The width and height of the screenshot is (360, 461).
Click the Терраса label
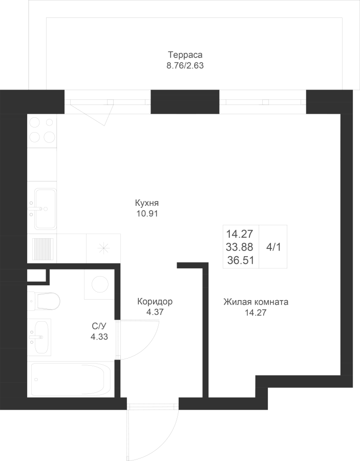(185, 55)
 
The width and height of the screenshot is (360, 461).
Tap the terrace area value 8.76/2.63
(185, 66)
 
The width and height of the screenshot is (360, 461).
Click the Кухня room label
(147, 203)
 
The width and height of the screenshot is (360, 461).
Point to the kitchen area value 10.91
(147, 214)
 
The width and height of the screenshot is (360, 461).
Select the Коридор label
(155, 302)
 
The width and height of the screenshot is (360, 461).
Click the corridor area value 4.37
(155, 312)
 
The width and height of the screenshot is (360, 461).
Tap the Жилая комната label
(256, 302)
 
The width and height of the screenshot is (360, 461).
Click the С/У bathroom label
(99, 326)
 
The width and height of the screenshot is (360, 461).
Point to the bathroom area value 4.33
(99, 337)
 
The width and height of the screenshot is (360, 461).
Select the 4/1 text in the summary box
(273, 247)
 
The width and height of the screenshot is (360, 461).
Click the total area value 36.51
(241, 260)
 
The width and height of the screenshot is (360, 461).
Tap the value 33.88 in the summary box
(240, 247)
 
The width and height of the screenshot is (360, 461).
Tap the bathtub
(71, 379)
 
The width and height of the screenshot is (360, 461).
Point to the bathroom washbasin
(39, 337)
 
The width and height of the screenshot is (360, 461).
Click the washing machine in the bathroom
(99, 284)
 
